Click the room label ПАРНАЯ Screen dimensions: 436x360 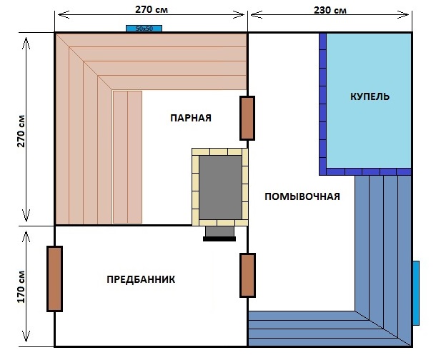tap(191, 118)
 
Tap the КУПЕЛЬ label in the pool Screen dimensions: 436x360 tap(370, 96)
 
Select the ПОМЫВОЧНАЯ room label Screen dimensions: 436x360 tap(302, 196)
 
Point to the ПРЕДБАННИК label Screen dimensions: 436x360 tap(141, 279)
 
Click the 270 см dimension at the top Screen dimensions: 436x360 tap(152, 9)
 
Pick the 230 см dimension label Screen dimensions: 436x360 tap(330, 10)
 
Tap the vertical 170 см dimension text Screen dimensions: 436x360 tap(21, 286)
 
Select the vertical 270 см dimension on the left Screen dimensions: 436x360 tap(21, 131)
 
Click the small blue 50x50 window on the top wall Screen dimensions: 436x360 tap(144, 29)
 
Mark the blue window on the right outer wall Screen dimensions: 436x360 tap(416, 293)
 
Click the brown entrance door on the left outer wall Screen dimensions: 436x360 tap(54, 279)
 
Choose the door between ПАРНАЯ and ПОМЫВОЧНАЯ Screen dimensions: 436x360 tap(247, 119)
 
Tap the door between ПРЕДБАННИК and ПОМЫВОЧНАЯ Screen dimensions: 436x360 tap(247, 275)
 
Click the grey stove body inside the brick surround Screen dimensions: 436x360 tap(221, 187)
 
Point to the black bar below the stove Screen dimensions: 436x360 tap(219, 239)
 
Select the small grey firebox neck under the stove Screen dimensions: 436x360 tap(219, 231)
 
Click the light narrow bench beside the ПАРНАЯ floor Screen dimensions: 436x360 tap(127, 157)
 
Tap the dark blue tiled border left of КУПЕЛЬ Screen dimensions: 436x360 tap(322, 104)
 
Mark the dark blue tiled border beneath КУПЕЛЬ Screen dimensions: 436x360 tap(365, 171)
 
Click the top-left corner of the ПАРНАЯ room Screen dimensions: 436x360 tap(55, 33)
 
